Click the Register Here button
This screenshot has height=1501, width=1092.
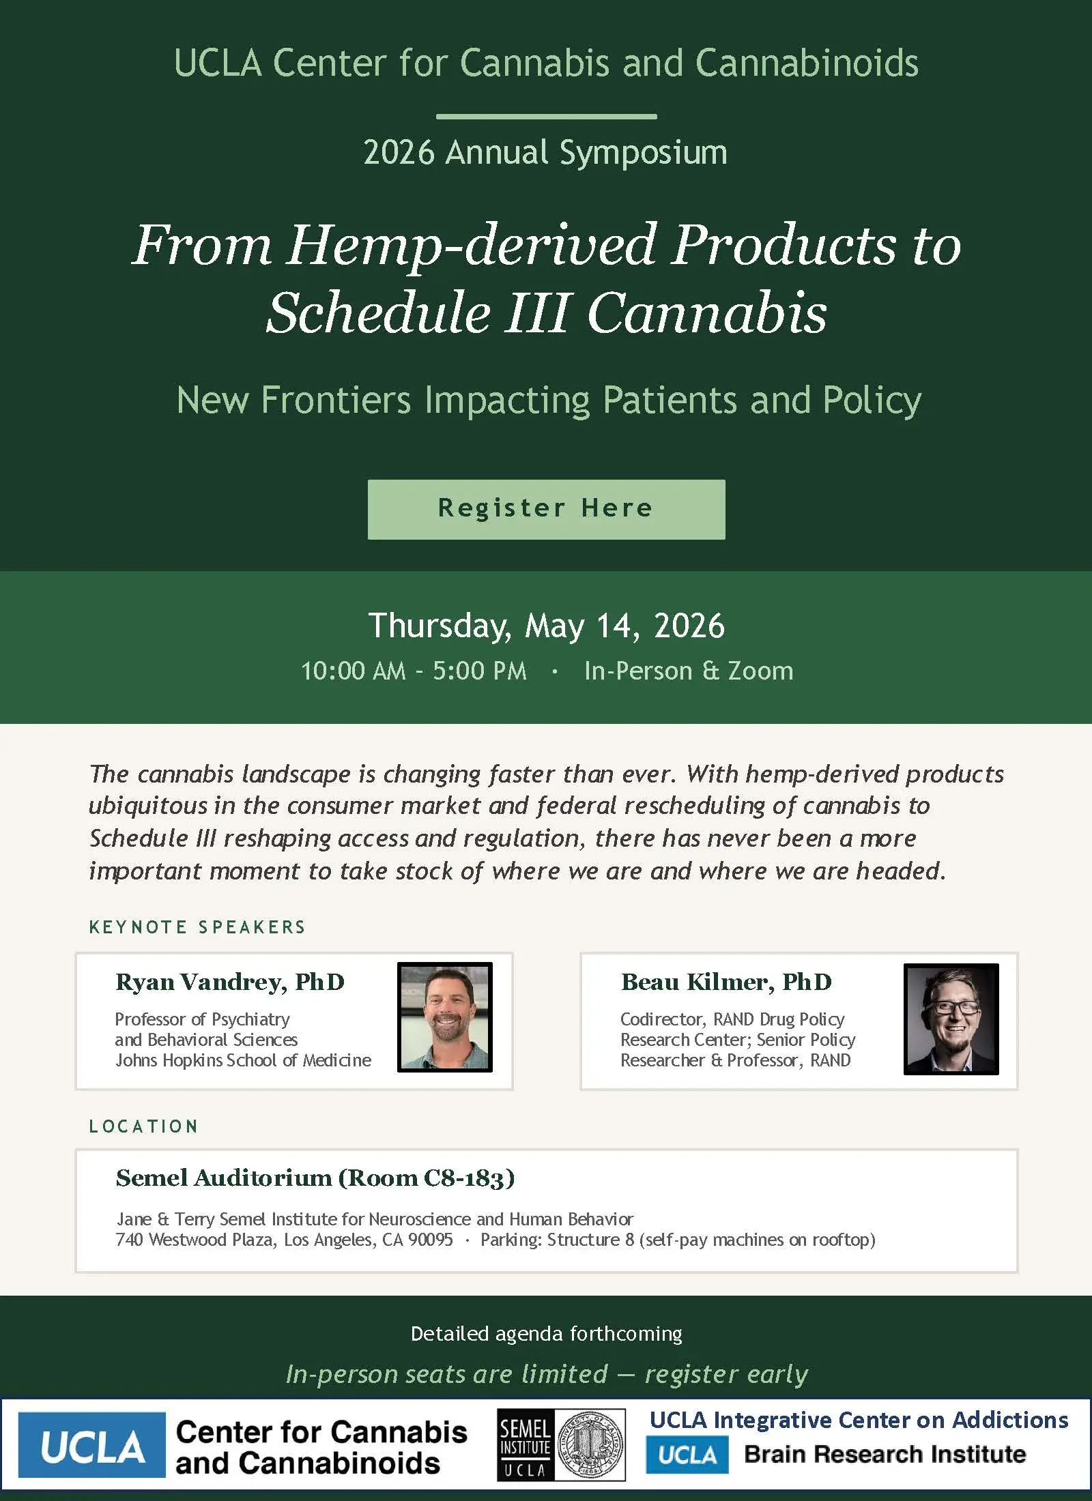point(546,509)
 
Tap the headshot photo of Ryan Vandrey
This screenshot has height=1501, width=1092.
point(445,1017)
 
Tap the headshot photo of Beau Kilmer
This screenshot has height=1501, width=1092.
point(951,1019)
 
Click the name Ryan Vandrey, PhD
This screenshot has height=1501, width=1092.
point(230,982)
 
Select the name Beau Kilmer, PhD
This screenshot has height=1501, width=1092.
point(726,982)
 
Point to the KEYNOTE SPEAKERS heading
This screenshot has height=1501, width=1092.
point(197,927)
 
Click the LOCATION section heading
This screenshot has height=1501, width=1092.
point(143,1126)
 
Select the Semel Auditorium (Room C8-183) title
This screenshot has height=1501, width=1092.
point(315,1178)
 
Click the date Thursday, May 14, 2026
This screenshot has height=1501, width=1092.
point(546,626)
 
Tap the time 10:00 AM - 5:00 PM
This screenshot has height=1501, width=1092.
point(414,671)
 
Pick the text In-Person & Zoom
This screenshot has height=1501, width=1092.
point(689,671)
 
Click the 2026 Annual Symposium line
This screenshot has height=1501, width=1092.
point(545,153)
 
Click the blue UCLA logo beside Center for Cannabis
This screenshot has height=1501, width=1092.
point(92,1444)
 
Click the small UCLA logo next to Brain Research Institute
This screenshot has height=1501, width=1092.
point(687,1455)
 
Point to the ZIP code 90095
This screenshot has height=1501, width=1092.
point(430,1240)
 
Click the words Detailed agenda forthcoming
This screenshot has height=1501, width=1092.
point(546,1333)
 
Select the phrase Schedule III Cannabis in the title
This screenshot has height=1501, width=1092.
point(546,312)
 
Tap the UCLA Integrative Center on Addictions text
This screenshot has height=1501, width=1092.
point(859,1420)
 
